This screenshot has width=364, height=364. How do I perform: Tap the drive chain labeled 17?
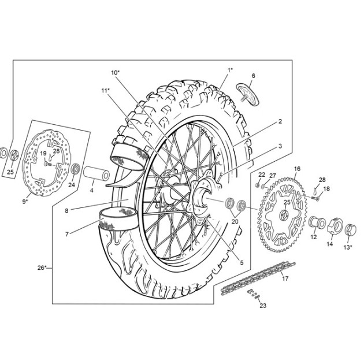[258, 278]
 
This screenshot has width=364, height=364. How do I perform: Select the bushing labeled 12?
[317, 222]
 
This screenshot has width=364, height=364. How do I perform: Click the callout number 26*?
[42, 268]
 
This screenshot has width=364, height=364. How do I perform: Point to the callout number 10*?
[116, 72]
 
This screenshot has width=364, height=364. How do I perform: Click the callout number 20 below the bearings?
[235, 221]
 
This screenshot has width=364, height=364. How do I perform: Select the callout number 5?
[242, 262]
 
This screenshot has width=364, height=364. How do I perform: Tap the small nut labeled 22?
[257, 185]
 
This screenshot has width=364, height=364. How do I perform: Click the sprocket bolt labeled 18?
[315, 198]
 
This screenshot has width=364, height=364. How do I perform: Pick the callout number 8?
[66, 210]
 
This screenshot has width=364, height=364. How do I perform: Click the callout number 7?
[67, 234]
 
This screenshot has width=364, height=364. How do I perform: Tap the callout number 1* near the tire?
[230, 70]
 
